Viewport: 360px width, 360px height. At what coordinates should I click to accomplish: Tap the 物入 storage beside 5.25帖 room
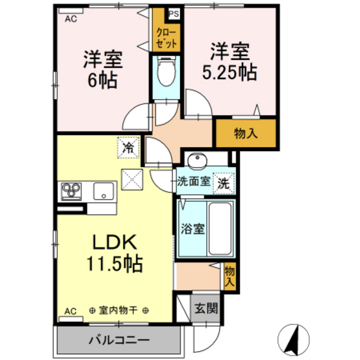point(246,134)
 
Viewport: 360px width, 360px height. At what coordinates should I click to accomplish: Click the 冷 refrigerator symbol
point(128,147)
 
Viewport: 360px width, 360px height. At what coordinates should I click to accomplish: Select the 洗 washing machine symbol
point(222,182)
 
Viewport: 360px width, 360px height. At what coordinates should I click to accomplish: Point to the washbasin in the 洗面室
point(197,160)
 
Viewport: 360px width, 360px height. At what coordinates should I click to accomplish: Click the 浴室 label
point(192,228)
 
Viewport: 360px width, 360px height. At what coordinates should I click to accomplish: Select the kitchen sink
point(102,190)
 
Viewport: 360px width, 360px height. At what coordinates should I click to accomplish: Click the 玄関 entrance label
point(206,308)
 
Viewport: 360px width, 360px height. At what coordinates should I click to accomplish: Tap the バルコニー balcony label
point(119,339)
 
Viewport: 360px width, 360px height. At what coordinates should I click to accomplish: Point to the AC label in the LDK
point(70,311)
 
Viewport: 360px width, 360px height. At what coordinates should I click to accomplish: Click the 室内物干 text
point(119,311)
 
